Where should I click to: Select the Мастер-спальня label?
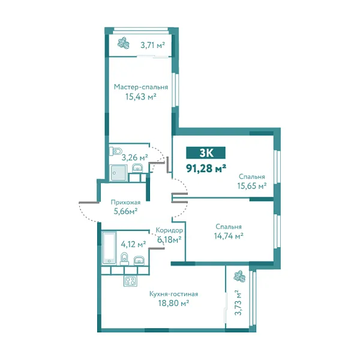[x=141, y=86]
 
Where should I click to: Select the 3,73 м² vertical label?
[x=238, y=303]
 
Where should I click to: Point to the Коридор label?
[x=169, y=230]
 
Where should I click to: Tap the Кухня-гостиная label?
[x=173, y=294]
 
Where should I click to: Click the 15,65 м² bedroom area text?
[x=252, y=186]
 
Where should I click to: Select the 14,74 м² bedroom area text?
[x=228, y=236]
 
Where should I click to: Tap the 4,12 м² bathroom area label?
[x=133, y=244]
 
